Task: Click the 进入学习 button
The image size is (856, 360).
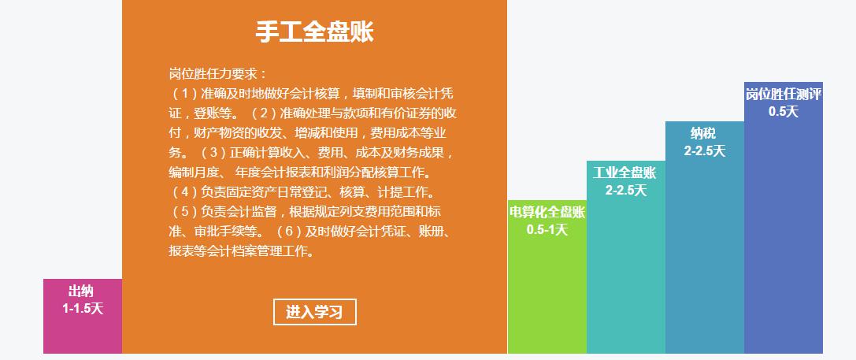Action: click(314, 312)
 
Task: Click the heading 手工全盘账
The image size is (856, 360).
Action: click(314, 32)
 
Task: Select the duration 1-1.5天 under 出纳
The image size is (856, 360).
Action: click(83, 308)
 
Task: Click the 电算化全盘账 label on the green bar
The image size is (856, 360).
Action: click(547, 212)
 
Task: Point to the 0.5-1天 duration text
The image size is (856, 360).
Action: click(547, 229)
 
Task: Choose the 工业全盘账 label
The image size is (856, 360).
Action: click(625, 173)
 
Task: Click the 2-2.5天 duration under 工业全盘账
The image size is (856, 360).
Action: click(625, 190)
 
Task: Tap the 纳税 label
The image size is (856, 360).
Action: click(704, 133)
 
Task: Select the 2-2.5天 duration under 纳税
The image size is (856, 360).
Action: click(704, 150)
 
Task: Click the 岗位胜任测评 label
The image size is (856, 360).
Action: click(784, 94)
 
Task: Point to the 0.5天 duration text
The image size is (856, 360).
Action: click(784, 111)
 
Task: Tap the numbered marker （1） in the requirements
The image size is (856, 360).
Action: click(184, 94)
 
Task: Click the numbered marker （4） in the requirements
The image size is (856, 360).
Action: click(184, 192)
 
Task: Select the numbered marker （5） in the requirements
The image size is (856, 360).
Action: click(184, 212)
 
